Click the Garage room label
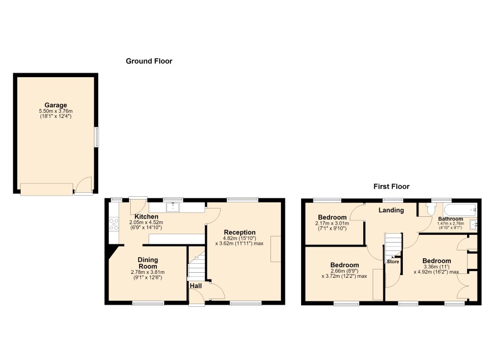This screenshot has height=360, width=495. coord(55,105)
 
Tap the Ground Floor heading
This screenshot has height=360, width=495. coord(149,61)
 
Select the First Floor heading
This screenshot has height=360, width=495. coord(392,187)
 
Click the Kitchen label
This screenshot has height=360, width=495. coord(146,217)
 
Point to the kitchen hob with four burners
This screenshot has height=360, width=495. coord(114,224)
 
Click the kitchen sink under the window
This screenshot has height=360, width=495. coord(173,207)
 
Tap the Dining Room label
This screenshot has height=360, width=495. coord(147,263)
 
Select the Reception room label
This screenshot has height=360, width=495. coord(240,233)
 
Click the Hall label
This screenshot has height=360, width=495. coord(196,286)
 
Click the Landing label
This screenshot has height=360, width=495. coord(391,210)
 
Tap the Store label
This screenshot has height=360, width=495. coord(393,262)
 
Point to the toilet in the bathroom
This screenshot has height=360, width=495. coord(430,209)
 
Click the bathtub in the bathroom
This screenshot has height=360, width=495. coord(460,210)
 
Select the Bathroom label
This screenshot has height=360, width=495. coord(450,219)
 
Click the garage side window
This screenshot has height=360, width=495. coord(96,137)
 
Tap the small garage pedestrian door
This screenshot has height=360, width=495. coord(84,186)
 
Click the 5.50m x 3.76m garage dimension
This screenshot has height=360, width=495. coord(55,111)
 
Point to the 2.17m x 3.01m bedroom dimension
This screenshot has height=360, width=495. coord(332,224)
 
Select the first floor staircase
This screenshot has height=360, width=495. coord(393,246)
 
